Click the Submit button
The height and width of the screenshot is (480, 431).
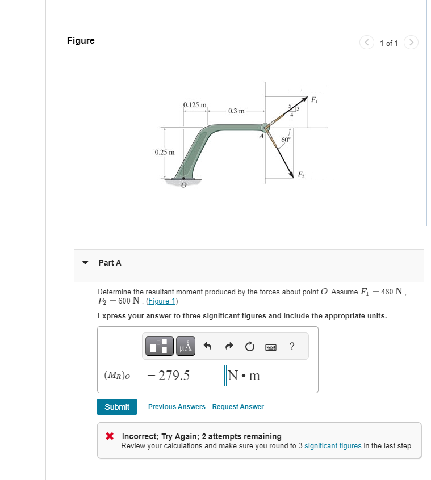[117, 407]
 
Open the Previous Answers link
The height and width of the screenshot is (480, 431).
[177, 407]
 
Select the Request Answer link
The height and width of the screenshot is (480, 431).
[238, 407]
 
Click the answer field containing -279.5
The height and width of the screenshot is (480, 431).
[183, 376]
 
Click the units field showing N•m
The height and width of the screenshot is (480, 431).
[267, 376]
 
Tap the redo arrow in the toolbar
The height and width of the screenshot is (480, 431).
[229, 346]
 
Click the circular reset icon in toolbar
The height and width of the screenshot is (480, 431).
[250, 346]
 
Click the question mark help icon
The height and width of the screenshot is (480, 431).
[291, 346]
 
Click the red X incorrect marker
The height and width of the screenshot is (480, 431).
[111, 437]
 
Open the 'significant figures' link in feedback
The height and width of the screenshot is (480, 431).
[333, 446]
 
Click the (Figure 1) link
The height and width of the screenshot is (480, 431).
[162, 301]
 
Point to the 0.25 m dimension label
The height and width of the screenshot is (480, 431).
[165, 152]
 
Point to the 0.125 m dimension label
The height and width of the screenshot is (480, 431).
[195, 105]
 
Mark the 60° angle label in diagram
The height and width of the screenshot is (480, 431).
[286, 139]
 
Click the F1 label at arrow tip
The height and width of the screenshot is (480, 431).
[314, 100]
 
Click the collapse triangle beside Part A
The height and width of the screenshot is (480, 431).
[86, 263]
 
